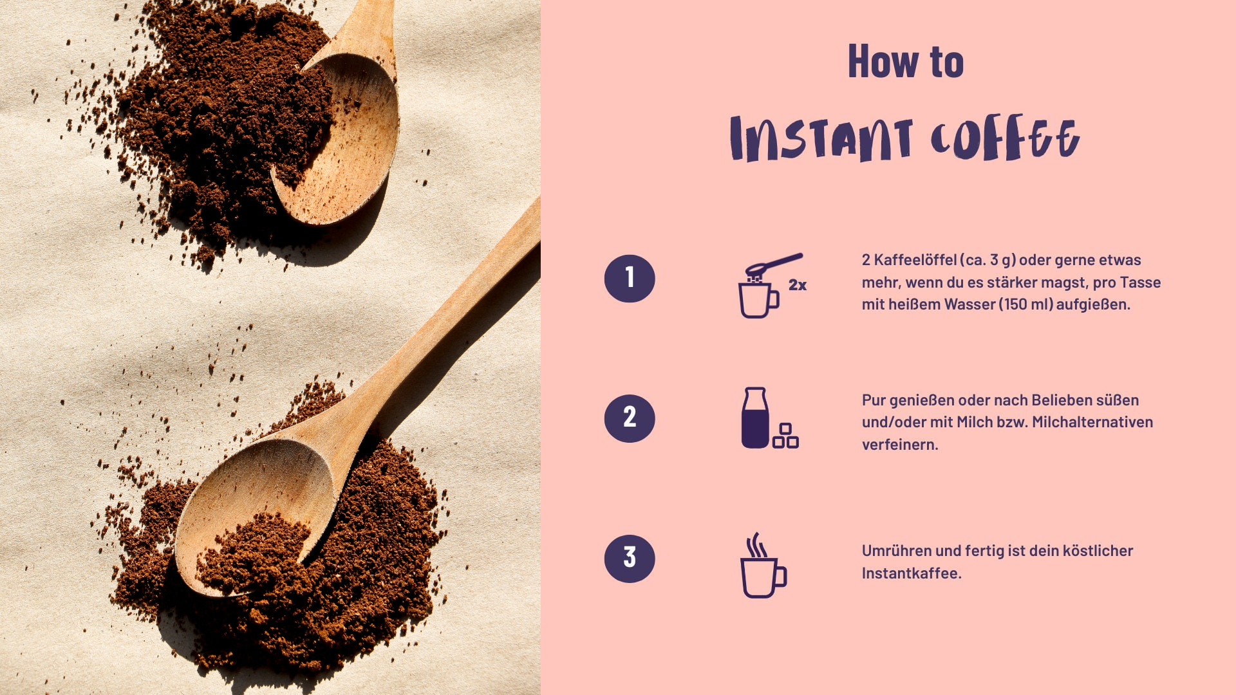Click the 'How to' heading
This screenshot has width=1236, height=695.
906,61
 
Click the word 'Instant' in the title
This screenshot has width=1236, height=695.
821,138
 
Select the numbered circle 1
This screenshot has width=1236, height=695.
630,278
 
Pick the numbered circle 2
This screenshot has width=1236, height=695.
630,418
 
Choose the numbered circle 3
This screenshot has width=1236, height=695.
630,559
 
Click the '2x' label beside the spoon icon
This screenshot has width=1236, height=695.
798,285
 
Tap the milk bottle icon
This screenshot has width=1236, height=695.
755,418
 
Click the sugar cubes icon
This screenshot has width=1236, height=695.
786,436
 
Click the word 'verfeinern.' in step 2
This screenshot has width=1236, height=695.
900,445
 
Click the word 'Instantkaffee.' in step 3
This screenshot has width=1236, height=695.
912,573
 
